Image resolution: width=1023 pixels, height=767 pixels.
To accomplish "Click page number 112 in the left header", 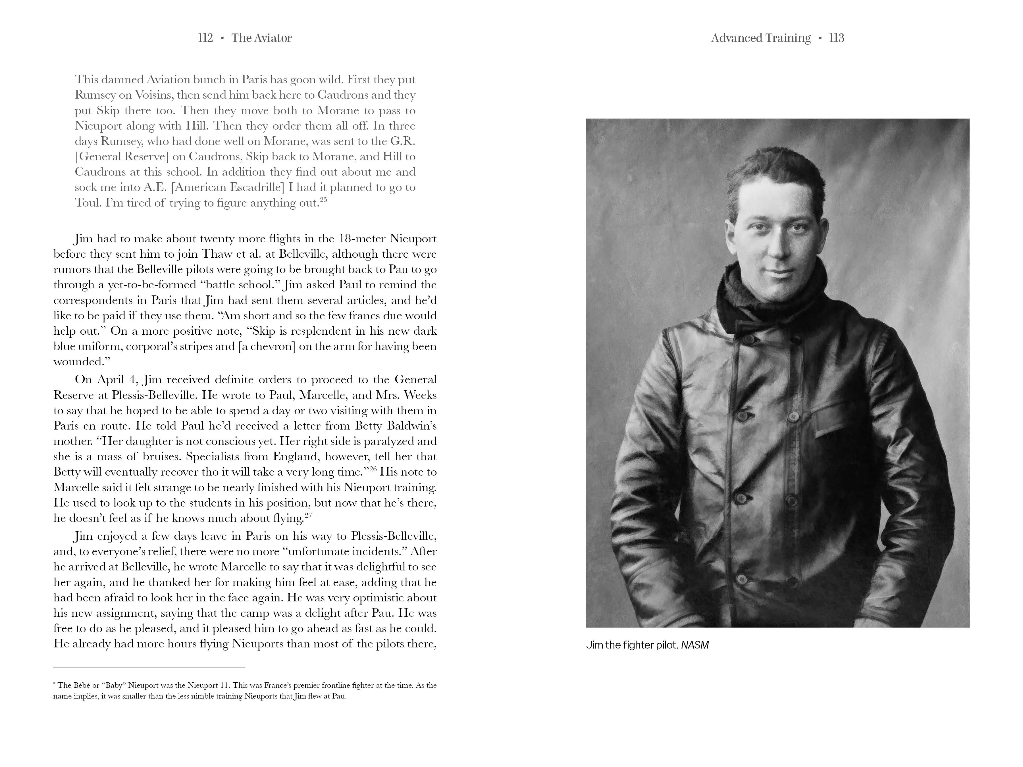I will (205, 38).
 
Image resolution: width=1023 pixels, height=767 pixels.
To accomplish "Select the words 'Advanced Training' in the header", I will (761, 38).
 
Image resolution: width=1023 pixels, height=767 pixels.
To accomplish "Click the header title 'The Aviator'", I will (261, 38).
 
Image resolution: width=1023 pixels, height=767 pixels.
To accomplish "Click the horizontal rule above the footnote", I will (149, 667).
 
